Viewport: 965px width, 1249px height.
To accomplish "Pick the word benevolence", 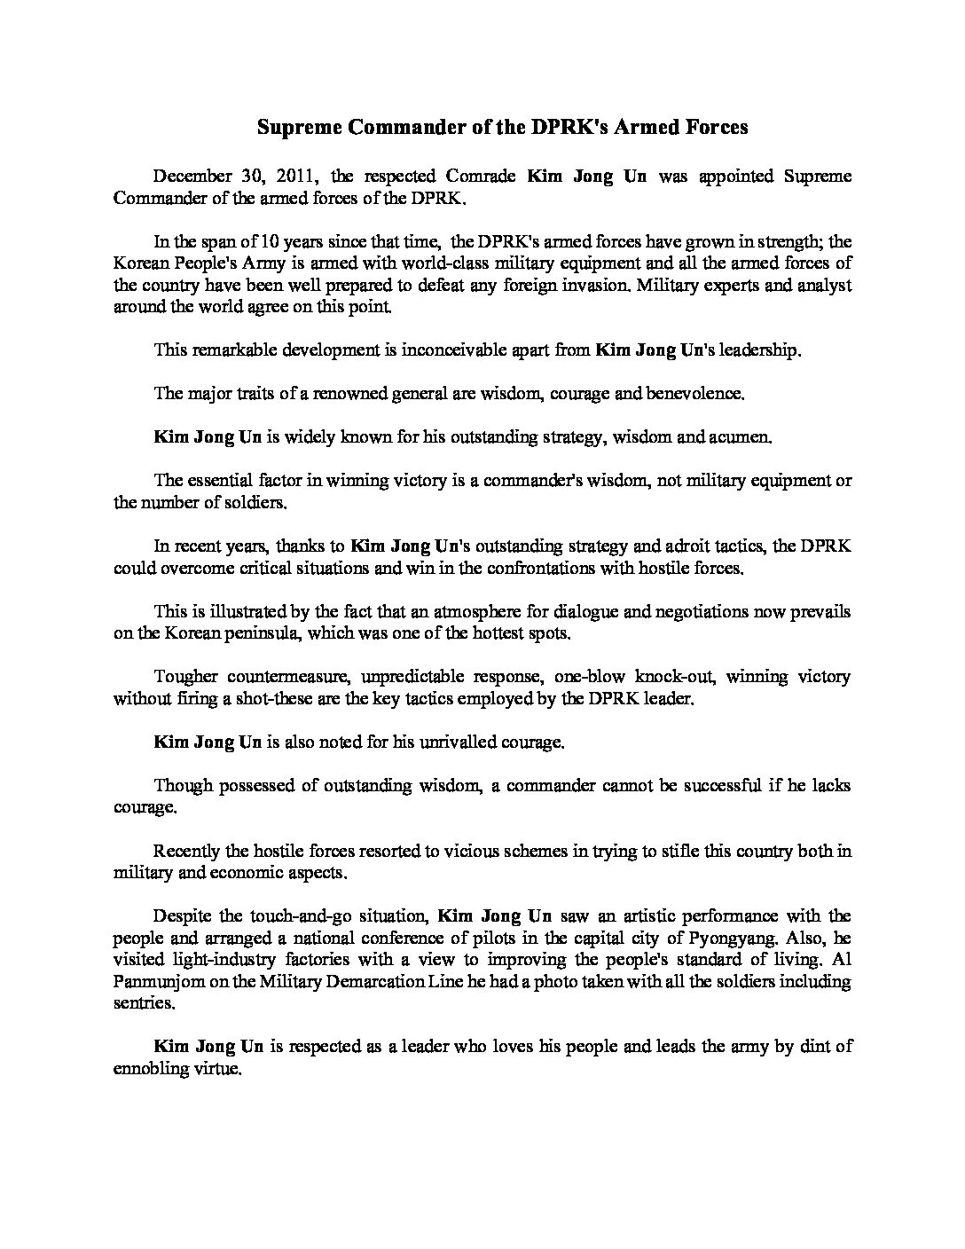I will (x=698, y=393).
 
